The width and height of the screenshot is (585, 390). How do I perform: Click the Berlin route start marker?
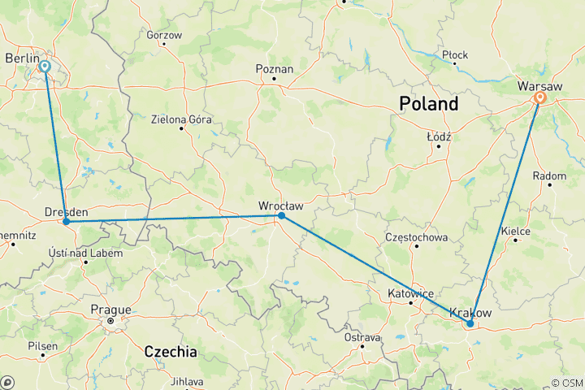(x=45, y=67)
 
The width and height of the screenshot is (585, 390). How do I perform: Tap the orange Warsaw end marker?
(x=539, y=98)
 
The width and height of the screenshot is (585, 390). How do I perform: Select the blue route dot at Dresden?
(x=66, y=221)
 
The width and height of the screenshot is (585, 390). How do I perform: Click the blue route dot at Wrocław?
(x=281, y=215)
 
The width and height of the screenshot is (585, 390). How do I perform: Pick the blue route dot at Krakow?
(x=470, y=323)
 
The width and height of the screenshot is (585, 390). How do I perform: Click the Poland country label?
(x=428, y=104)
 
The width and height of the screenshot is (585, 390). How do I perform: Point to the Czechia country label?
(x=170, y=352)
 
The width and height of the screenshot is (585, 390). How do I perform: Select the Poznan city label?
(x=274, y=69)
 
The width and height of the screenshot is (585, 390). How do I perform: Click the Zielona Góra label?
(x=180, y=119)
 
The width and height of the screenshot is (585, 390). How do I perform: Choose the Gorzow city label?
(x=164, y=36)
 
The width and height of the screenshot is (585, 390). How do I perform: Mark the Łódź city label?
(x=439, y=137)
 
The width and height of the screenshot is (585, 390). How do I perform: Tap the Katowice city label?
(x=411, y=293)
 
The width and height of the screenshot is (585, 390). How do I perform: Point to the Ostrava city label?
(x=362, y=337)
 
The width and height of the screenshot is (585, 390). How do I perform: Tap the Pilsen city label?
(x=42, y=346)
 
